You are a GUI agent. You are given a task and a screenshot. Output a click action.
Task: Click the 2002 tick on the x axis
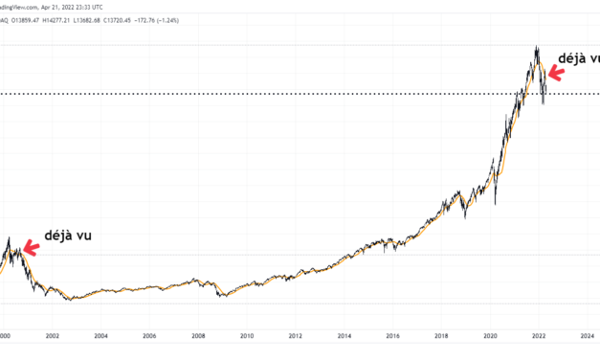click(x=52, y=336)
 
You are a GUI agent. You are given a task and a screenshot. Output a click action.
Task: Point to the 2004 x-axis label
click(x=100, y=336)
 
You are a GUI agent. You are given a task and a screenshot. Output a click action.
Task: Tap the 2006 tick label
click(x=149, y=336)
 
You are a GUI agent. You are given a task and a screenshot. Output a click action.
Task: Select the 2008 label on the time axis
click(x=198, y=336)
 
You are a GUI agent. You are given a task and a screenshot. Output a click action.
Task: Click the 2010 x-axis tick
click(x=247, y=336)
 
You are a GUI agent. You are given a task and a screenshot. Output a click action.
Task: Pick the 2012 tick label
click(x=296, y=336)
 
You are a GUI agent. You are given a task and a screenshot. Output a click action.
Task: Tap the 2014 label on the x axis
click(x=344, y=336)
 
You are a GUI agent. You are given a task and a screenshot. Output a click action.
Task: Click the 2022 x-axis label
click(x=540, y=336)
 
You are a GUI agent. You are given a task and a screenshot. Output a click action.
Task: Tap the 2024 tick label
click(x=588, y=336)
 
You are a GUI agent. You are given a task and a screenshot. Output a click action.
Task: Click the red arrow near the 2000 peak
click(x=30, y=248)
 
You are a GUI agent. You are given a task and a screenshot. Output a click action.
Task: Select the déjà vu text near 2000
click(x=69, y=235)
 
